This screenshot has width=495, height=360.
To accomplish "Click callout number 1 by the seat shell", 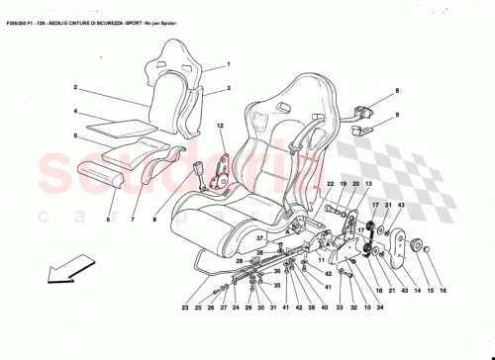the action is pyautogui.click(x=227, y=63).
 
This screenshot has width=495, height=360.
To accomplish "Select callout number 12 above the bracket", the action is pyautogui.click(x=221, y=126).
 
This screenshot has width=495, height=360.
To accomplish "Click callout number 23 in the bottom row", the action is pyautogui.click(x=185, y=310).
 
